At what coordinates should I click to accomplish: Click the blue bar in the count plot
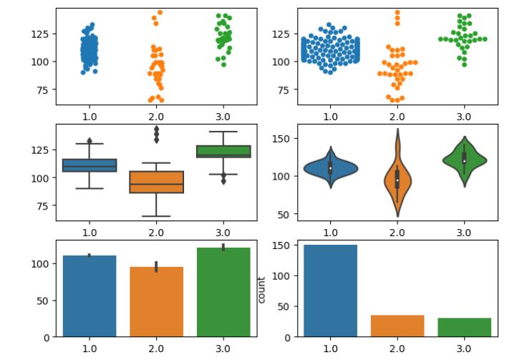[x=330, y=291]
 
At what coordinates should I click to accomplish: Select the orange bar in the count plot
[x=397, y=326]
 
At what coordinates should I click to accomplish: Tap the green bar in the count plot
[x=463, y=327]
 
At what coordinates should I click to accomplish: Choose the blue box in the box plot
[x=90, y=165]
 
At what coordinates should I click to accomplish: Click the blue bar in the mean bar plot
[x=90, y=296]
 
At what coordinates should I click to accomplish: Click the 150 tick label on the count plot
[x=283, y=245]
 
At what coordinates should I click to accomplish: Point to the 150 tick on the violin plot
[x=283, y=139]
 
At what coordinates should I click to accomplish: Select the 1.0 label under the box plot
[x=90, y=232]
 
